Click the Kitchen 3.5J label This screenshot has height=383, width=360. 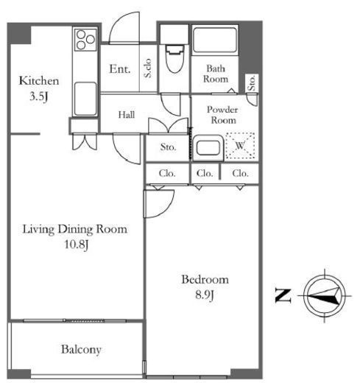[x=39, y=88]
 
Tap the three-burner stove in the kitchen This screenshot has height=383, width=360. [x=85, y=40]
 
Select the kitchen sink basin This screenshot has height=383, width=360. [x=85, y=99]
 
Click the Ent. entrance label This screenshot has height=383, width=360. [x=119, y=69]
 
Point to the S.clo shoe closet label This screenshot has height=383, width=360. [x=147, y=68]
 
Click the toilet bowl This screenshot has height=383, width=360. [x=174, y=58]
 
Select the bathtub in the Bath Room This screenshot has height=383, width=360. [x=215, y=40]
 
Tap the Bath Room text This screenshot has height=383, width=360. [x=216, y=74]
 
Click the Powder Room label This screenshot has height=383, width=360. [x=222, y=115]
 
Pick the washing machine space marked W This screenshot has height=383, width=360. [x=240, y=146]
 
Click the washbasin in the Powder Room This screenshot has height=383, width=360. [x=208, y=147]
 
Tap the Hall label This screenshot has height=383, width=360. [x=127, y=115]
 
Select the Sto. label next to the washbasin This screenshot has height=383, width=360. [x=168, y=147]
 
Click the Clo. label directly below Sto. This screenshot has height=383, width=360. [x=167, y=174]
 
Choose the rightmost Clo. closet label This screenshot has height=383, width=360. [x=240, y=174]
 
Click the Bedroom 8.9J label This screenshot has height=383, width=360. [x=205, y=287]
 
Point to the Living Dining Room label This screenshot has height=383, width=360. [x=75, y=229]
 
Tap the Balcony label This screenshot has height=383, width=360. [x=81, y=350]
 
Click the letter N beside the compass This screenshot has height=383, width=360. [x=283, y=295]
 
